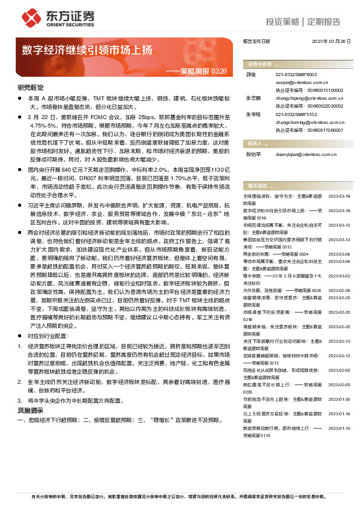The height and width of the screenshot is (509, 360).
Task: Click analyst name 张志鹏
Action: (252, 96)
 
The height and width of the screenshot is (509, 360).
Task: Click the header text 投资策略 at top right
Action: (281, 22)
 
